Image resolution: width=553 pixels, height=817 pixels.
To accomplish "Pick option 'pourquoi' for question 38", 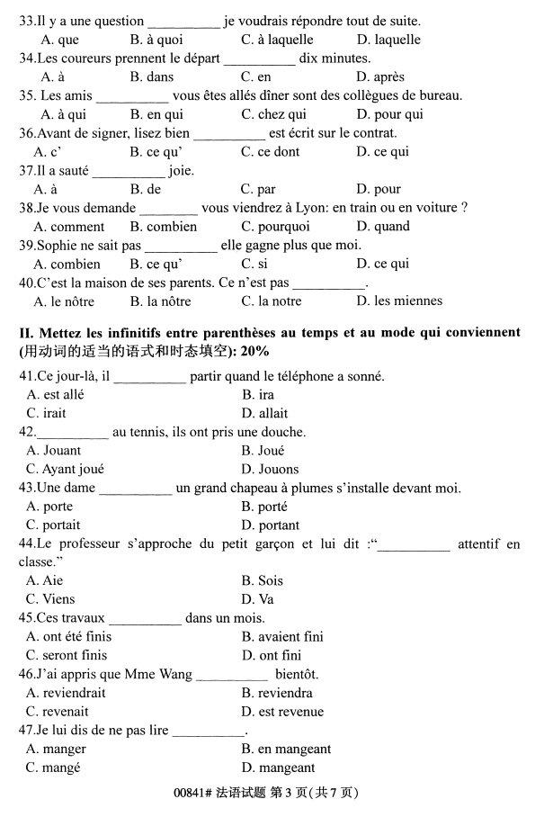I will (x=282, y=227).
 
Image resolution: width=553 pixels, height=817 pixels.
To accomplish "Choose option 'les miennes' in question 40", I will (x=394, y=301).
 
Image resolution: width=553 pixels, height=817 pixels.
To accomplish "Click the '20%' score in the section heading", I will (x=254, y=350).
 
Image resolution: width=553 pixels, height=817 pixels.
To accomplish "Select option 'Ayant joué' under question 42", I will (x=73, y=469).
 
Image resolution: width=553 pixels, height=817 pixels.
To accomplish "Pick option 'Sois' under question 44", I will (x=270, y=581).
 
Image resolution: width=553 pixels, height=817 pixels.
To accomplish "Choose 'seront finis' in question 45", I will (x=75, y=656).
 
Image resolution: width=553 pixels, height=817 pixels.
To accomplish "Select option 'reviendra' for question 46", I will (x=285, y=694).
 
